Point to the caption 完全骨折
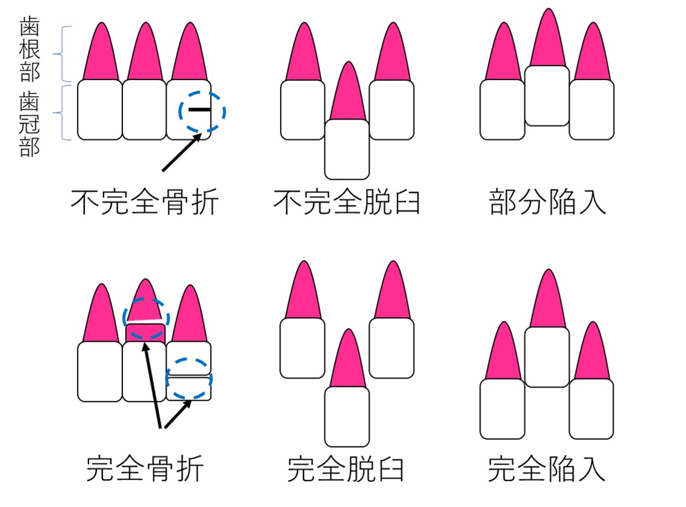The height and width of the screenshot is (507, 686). pyautogui.click(x=145, y=468)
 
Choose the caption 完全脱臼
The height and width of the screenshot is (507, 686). pyautogui.click(x=346, y=468)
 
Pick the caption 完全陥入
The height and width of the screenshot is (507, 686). pyautogui.click(x=547, y=468)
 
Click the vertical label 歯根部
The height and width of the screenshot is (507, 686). pyautogui.click(x=30, y=50)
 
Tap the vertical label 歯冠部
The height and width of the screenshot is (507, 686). pyautogui.click(x=30, y=124)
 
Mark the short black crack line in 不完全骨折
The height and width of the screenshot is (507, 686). pyautogui.click(x=199, y=110)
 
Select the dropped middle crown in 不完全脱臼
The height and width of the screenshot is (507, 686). pyautogui.click(x=347, y=149)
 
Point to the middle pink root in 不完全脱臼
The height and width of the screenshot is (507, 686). pyautogui.click(x=347, y=94)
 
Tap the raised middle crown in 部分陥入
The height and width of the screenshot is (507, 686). pyautogui.click(x=547, y=96)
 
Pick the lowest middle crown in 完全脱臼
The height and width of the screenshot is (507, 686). pyautogui.click(x=347, y=416)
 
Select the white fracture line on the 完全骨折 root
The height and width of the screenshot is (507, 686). pyautogui.click(x=145, y=319)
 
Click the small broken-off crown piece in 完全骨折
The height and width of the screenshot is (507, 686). pyautogui.click(x=189, y=388)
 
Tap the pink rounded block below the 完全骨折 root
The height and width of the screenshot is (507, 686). pyautogui.click(x=145, y=333)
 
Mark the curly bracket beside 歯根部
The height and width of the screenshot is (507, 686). pyautogui.click(x=62, y=53)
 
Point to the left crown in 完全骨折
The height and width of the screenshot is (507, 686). pyautogui.click(x=100, y=371)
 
